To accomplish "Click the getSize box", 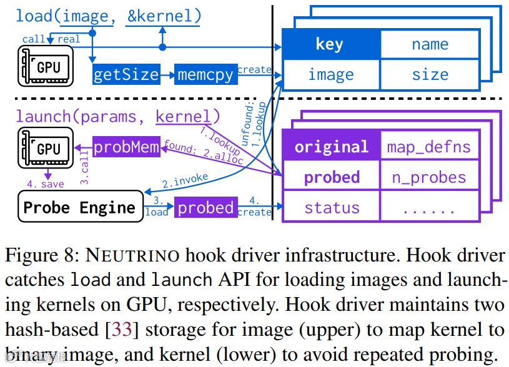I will [x=126, y=75].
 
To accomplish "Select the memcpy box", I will [x=205, y=75].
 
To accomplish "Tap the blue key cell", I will [x=330, y=44].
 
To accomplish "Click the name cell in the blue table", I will [x=430, y=44].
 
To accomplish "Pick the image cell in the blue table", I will [x=330, y=75].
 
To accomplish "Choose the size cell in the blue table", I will [x=430, y=75].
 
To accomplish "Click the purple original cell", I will [x=331, y=147].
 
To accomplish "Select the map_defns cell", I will [x=428, y=147].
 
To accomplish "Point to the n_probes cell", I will [x=428, y=177].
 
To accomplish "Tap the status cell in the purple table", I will [x=331, y=207].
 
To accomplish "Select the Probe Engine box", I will [x=79, y=207].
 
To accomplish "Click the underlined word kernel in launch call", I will [x=183, y=116].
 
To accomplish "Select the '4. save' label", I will [x=46, y=184].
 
